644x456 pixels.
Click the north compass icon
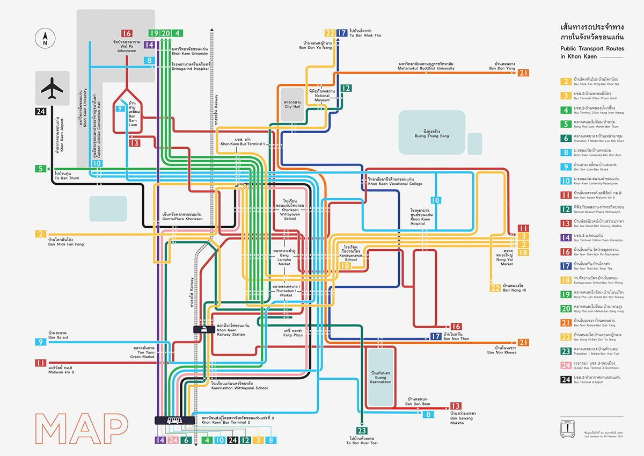[x=45, y=39]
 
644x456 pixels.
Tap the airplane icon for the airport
[x=52, y=88]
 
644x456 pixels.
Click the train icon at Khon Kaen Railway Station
[x=204, y=329]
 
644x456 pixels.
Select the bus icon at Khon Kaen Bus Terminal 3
[x=174, y=421]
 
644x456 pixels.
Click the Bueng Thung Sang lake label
[x=431, y=133]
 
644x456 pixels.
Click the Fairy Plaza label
[x=294, y=333]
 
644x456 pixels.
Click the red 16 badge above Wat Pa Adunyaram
[x=127, y=33]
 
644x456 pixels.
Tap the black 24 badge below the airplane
[x=41, y=112]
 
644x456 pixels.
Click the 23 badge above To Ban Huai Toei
[x=362, y=430]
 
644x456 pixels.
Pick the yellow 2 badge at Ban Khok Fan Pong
[x=41, y=234]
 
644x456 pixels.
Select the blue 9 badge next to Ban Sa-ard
[x=41, y=342]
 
